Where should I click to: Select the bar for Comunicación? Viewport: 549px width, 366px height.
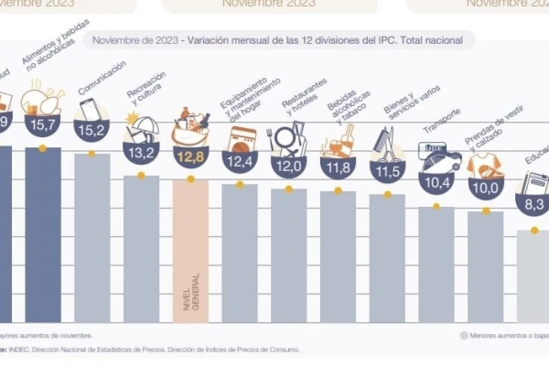(91, 238)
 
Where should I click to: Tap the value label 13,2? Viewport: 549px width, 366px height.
(141, 150)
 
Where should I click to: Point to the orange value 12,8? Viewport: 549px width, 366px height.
(190, 156)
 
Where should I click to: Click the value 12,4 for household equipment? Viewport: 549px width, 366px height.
(240, 163)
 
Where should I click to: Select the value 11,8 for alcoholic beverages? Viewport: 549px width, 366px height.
(338, 167)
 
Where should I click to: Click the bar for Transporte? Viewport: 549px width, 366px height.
(436, 265)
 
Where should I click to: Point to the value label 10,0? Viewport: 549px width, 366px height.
(485, 188)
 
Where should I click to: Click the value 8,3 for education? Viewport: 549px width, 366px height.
(534, 205)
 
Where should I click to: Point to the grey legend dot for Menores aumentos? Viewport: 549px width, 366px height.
(466, 335)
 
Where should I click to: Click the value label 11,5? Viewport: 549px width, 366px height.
(387, 171)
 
